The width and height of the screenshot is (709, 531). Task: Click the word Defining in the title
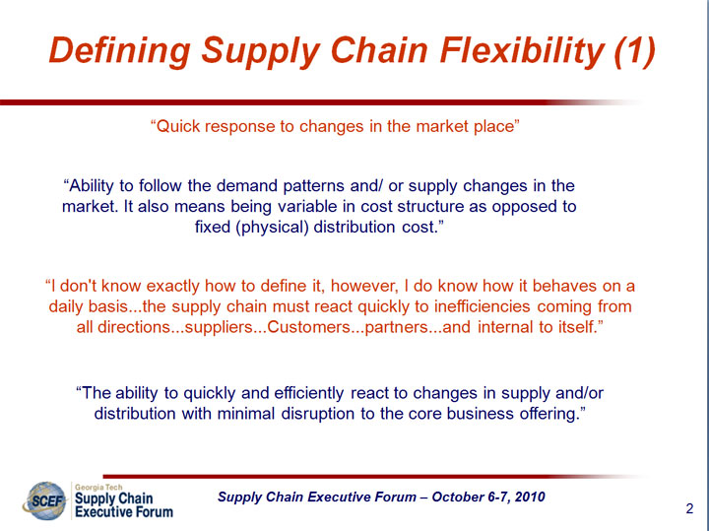click(119, 51)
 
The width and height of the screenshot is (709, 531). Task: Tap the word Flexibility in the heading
click(523, 51)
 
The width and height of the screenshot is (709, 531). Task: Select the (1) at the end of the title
click(635, 50)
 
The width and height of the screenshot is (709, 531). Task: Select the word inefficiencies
click(482, 306)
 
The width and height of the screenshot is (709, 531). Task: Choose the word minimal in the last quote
click(245, 414)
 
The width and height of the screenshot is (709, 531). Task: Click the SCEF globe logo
click(44, 500)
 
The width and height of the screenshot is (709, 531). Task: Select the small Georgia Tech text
click(98, 487)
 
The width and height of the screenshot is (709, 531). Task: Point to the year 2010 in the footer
click(530, 497)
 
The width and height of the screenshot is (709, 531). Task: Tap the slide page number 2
click(689, 509)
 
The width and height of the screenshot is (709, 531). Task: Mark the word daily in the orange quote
click(66, 306)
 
